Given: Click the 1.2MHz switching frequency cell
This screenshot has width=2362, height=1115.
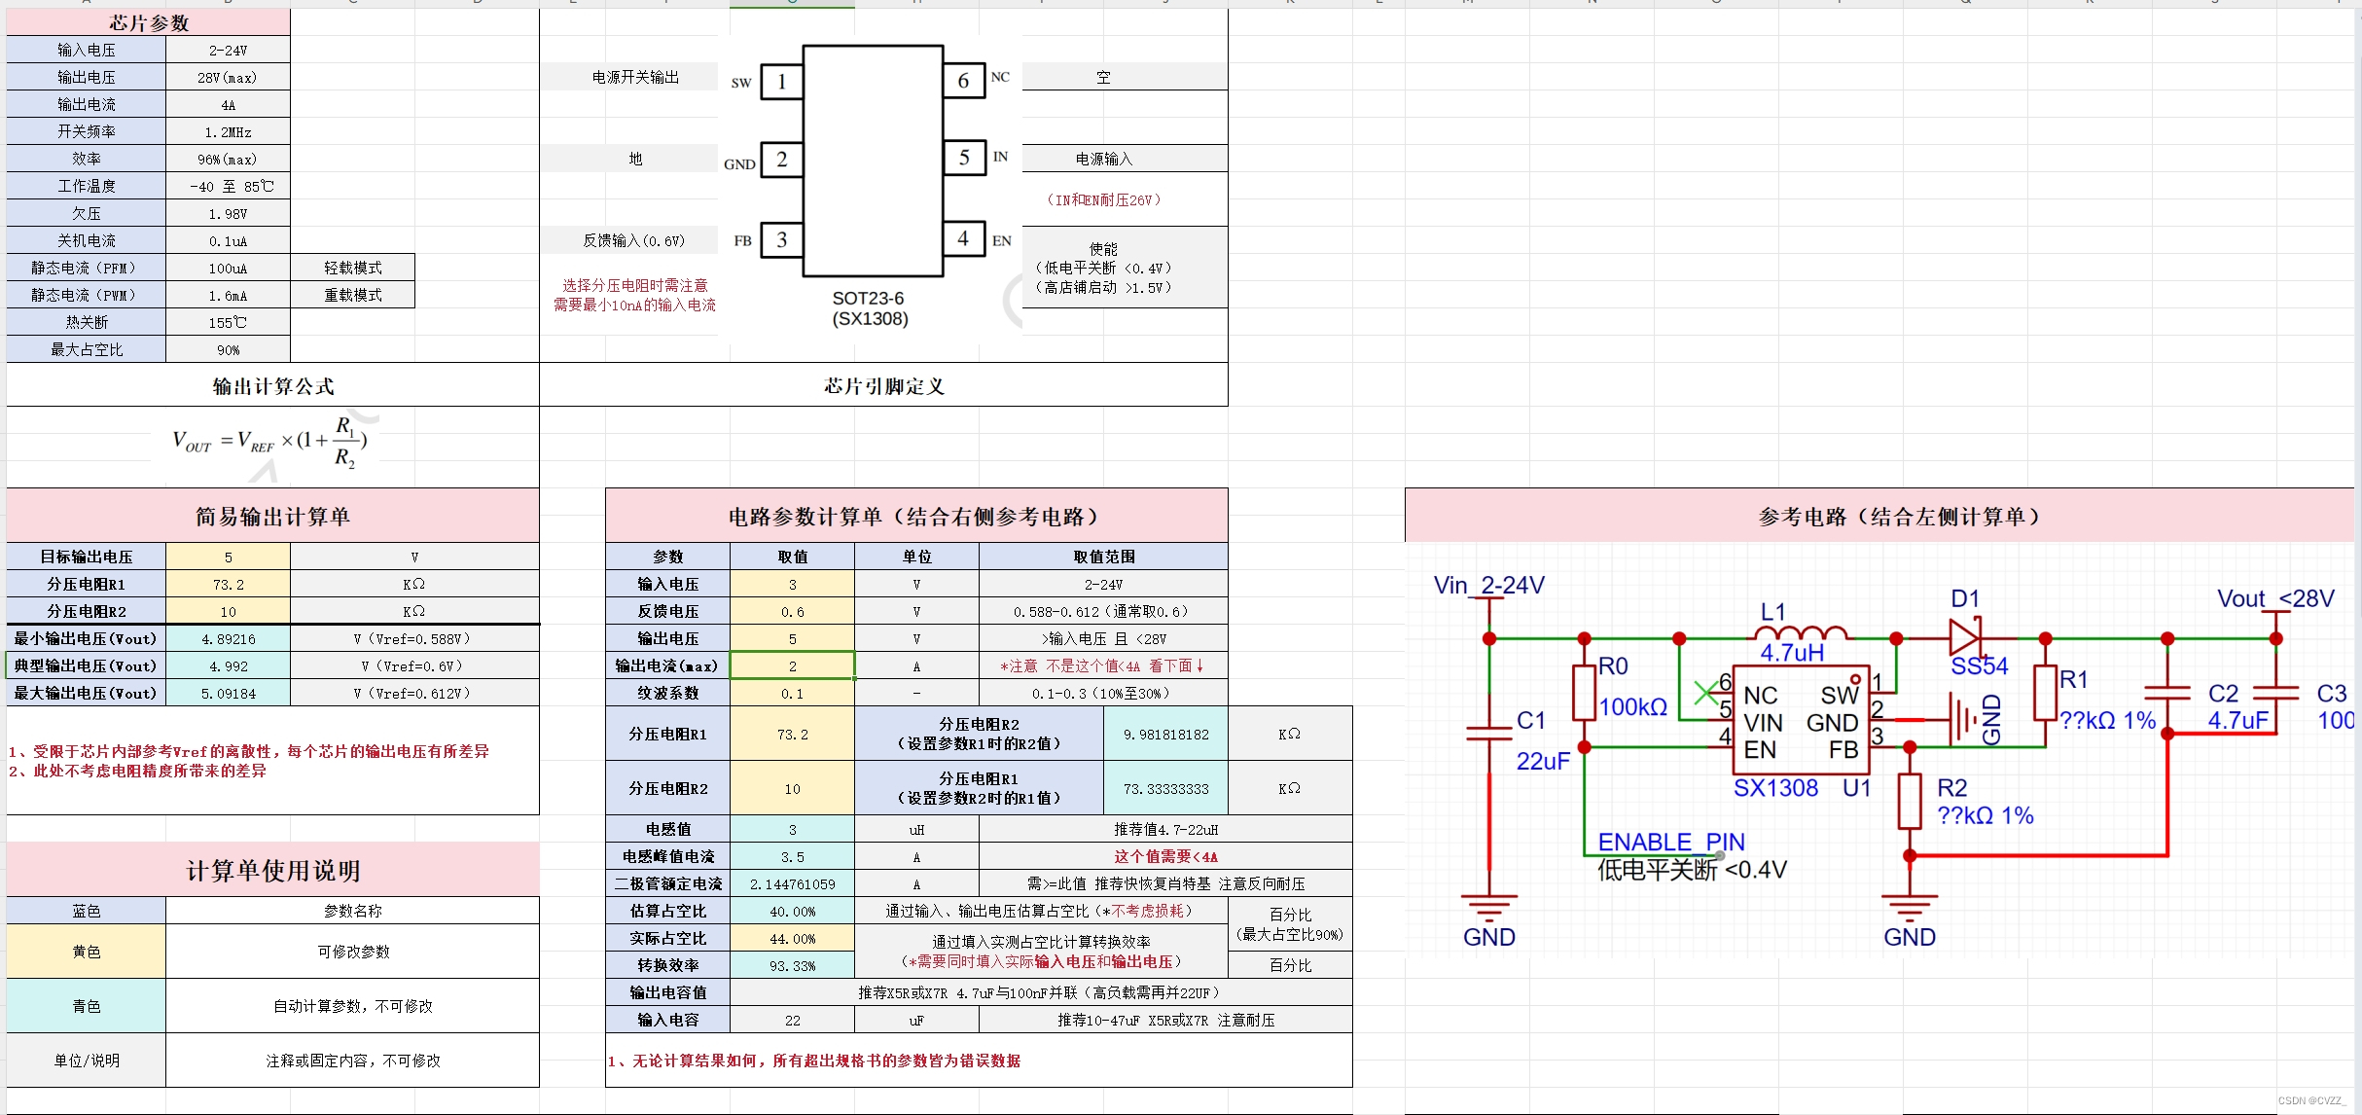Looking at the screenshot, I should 228,131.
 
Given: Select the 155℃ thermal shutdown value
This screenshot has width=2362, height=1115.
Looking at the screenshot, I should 228,322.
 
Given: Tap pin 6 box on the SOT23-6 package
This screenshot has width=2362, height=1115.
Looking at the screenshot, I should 963,81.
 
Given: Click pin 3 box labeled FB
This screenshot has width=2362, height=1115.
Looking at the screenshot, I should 781,240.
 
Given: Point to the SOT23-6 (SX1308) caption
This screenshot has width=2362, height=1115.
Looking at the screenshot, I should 870,308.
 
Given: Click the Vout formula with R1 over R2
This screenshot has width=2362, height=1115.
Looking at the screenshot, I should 269,442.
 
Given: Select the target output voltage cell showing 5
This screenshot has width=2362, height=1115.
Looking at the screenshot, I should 228,557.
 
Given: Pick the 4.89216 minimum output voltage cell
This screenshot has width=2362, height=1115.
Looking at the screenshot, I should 228,639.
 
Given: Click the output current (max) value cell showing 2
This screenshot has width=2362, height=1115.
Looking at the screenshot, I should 792,666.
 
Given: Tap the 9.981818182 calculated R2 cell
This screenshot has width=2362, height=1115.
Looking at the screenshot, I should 1165,735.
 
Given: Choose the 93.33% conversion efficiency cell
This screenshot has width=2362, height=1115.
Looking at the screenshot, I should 792,966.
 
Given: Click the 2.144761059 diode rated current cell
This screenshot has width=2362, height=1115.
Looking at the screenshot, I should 792,884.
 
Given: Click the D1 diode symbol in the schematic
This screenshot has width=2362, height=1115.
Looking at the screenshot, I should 1964,638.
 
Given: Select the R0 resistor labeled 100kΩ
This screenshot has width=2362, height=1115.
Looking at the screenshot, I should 1584,693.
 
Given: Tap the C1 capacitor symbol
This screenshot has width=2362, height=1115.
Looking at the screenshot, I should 1489,732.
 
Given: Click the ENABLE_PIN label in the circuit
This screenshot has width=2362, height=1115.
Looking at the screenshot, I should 1670,842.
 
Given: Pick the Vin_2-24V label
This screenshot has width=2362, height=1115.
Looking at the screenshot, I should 1488,586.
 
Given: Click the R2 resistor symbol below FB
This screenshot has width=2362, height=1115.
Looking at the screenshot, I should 1910,801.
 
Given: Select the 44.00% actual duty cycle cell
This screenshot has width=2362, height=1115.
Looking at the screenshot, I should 792,939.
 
